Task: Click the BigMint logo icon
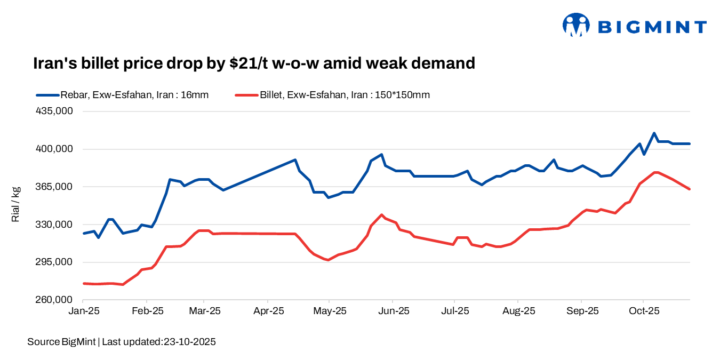[x=576, y=25]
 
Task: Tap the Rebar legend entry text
[x=134, y=95]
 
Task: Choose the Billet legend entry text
[x=345, y=95]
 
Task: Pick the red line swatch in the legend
[x=246, y=95]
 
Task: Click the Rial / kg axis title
[x=15, y=204]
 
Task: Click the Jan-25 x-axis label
[x=84, y=310]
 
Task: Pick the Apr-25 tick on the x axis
[x=268, y=310]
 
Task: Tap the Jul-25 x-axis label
[x=454, y=310]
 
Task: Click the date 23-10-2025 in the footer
[x=189, y=342]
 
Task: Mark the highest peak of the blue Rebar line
[x=654, y=133]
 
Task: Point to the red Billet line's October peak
[x=655, y=172]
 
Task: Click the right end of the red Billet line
[x=690, y=189]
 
